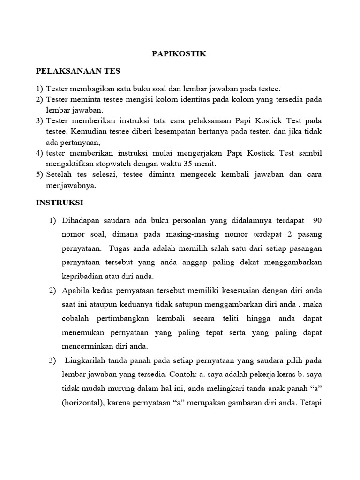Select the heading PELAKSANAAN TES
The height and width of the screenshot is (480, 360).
tap(78, 71)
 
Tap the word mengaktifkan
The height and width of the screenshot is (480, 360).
tap(69, 164)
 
